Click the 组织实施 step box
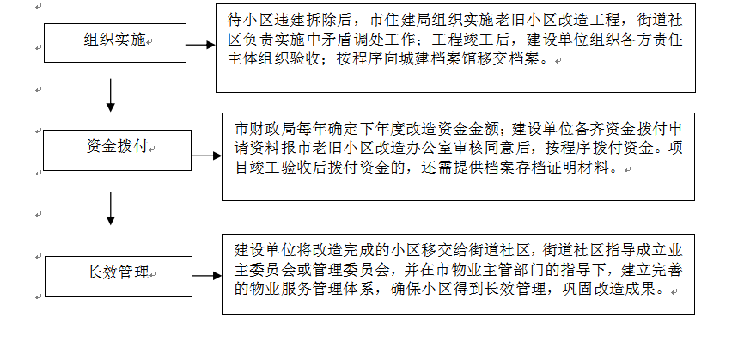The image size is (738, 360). [x=113, y=41]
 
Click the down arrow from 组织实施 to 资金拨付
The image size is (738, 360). [x=111, y=95]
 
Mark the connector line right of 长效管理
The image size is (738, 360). [x=204, y=274]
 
